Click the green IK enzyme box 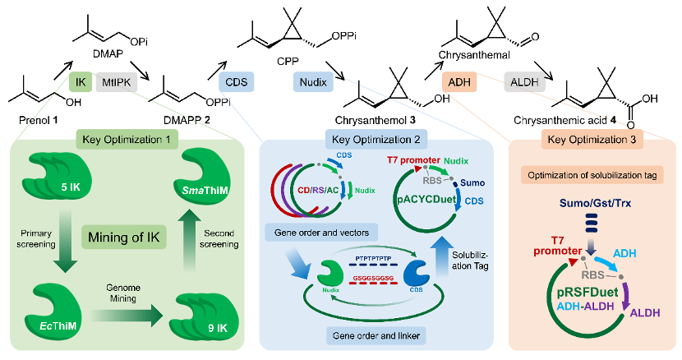tap(81, 82)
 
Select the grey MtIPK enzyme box tap(117, 82)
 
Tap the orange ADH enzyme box tap(459, 82)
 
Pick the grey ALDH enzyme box tap(524, 82)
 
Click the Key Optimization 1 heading tap(127, 139)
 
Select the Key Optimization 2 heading tap(376, 139)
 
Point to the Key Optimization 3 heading tap(592, 139)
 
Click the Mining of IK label tap(124, 238)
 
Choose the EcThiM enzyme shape tap(53, 312)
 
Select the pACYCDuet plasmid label tap(426, 200)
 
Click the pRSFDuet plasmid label tap(588, 292)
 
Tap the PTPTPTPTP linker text tap(373, 258)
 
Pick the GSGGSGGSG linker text tap(373, 278)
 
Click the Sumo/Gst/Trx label tap(595, 203)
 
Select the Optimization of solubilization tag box tap(592, 175)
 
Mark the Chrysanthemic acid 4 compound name tap(564, 120)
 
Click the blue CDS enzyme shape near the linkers tap(417, 273)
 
